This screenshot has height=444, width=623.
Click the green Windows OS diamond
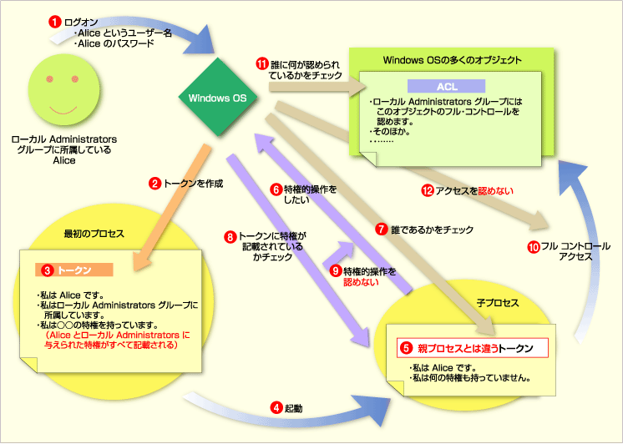218,98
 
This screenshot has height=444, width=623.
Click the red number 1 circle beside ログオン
55,22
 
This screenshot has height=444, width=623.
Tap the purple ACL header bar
446,86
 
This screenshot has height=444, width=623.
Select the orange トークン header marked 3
74,270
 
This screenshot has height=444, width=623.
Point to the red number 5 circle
406,348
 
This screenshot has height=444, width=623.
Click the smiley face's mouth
63,110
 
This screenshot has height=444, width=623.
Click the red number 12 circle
427,191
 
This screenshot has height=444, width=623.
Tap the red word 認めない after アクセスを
495,191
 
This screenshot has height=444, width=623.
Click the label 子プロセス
498,303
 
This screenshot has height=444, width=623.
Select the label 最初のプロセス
94,234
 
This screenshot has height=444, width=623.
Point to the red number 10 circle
533,247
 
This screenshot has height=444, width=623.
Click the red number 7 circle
382,230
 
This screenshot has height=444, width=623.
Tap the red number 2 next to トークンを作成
155,183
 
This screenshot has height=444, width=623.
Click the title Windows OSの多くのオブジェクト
452,60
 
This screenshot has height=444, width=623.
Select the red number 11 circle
262,63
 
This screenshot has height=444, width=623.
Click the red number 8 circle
230,237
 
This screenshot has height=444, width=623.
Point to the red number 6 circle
276,189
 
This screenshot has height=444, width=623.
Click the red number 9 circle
336,271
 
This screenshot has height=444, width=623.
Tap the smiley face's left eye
49,79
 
